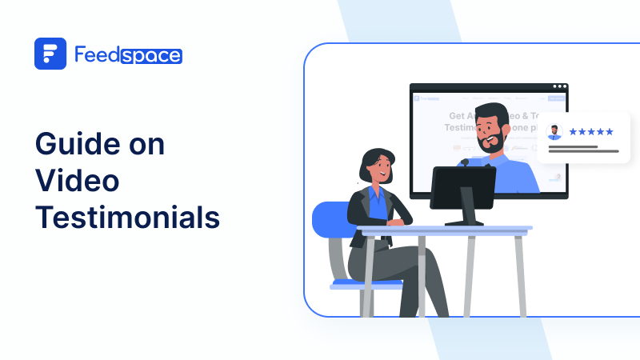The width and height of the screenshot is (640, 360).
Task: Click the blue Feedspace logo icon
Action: point(50,54)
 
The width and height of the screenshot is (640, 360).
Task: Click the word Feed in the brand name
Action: point(98,54)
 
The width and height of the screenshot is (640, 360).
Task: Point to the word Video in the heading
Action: point(77,182)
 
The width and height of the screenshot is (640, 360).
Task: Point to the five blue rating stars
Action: point(591,131)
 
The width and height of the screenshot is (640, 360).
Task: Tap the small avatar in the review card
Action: point(554,132)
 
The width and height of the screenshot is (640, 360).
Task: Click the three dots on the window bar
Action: point(559,86)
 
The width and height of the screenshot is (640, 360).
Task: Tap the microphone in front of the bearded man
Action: point(464,162)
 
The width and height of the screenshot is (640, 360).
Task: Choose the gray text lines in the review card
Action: point(582,149)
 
